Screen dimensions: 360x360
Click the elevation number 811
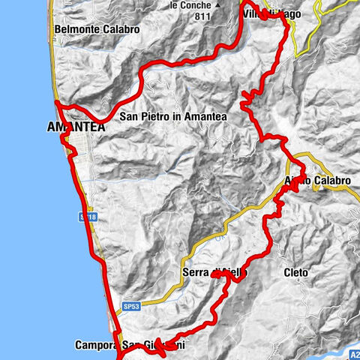199,14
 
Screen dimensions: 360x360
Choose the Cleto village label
297,271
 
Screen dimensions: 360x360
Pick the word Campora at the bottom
95,346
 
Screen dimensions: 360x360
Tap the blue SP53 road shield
132,307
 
